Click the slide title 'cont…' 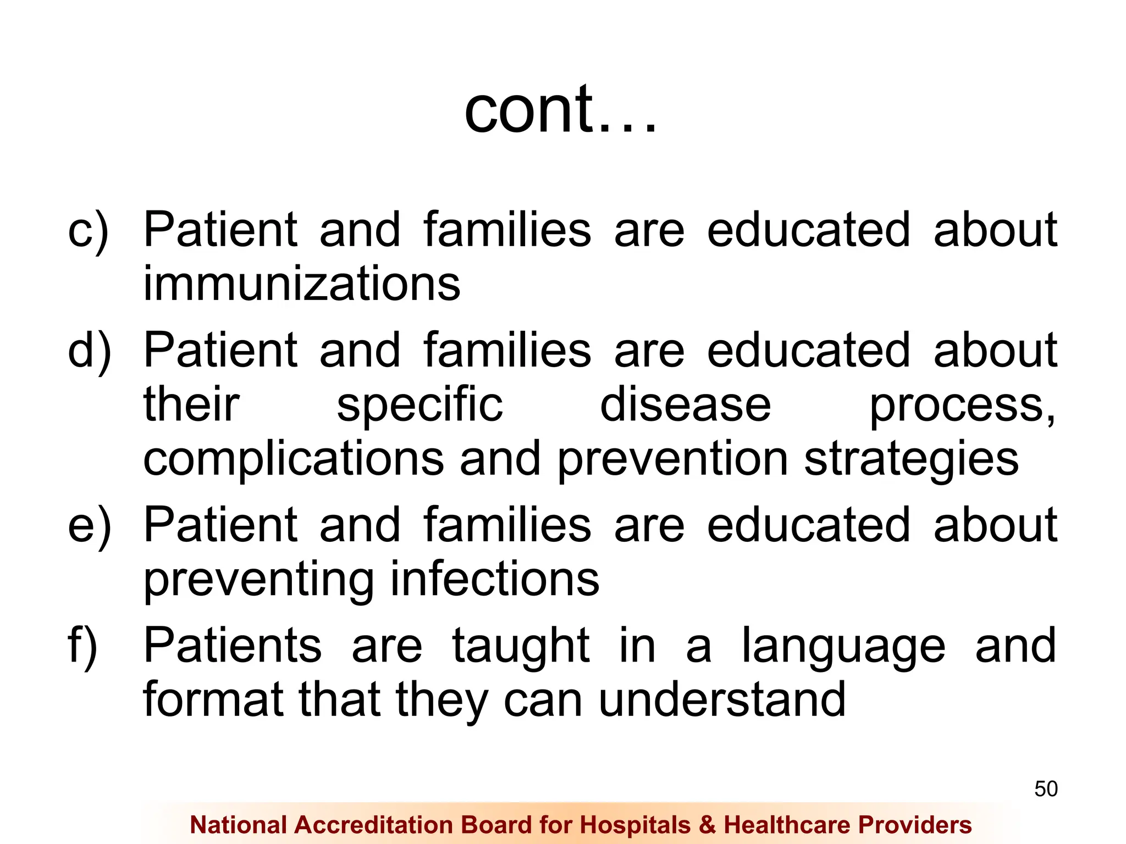point(560,110)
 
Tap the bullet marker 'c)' point(88,231)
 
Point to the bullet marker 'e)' point(89,526)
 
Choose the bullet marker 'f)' point(82,646)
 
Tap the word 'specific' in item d point(420,407)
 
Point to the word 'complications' point(293,460)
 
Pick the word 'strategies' point(911,460)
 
